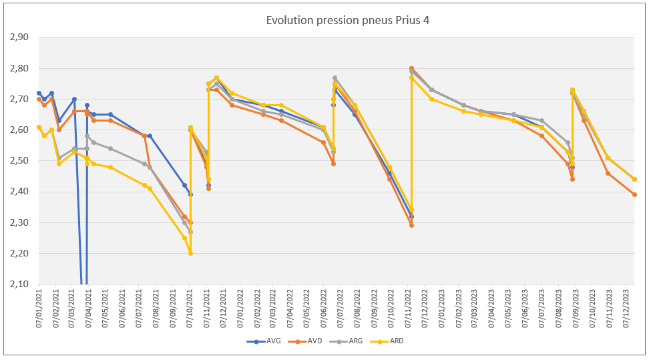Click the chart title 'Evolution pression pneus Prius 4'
coord(347,20)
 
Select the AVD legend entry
coord(315,341)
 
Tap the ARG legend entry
coord(358,341)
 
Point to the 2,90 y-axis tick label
coord(19,37)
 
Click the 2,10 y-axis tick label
coord(19,285)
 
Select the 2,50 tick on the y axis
coord(19,161)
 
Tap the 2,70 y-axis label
coord(19,99)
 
